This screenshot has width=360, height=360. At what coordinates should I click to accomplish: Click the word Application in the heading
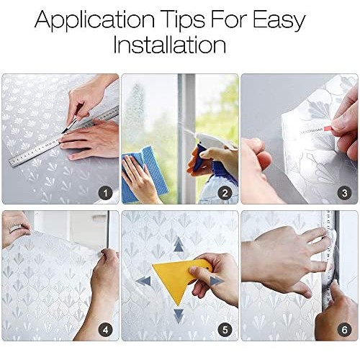pyautogui.click(x=94, y=20)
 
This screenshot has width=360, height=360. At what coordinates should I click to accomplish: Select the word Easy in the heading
pyautogui.click(x=279, y=20)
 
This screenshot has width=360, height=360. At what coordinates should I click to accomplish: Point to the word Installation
pyautogui.click(x=169, y=45)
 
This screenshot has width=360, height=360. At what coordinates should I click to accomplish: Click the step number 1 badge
pyautogui.click(x=105, y=193)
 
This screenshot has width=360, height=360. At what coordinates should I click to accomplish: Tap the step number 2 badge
pyautogui.click(x=225, y=193)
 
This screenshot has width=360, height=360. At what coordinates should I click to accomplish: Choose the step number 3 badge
pyautogui.click(x=344, y=193)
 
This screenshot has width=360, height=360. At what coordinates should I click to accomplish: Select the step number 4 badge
pyautogui.click(x=105, y=330)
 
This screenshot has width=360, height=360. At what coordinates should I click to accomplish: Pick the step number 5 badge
pyautogui.click(x=225, y=330)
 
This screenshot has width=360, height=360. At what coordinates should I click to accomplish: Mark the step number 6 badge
pyautogui.click(x=344, y=330)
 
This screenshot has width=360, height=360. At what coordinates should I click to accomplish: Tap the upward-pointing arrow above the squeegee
pyautogui.click(x=179, y=244)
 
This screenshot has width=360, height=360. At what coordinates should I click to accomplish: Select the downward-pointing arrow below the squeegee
pyautogui.click(x=179, y=316)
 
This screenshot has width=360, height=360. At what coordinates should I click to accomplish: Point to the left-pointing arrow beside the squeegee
pyautogui.click(x=143, y=281)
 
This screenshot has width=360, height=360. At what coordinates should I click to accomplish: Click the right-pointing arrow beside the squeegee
pyautogui.click(x=217, y=281)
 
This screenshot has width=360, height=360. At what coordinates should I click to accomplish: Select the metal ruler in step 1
pyautogui.click(x=64, y=136)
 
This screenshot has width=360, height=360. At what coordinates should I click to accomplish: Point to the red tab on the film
pyautogui.click(x=328, y=129)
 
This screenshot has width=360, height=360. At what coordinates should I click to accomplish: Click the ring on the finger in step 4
pyautogui.click(x=16, y=228)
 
